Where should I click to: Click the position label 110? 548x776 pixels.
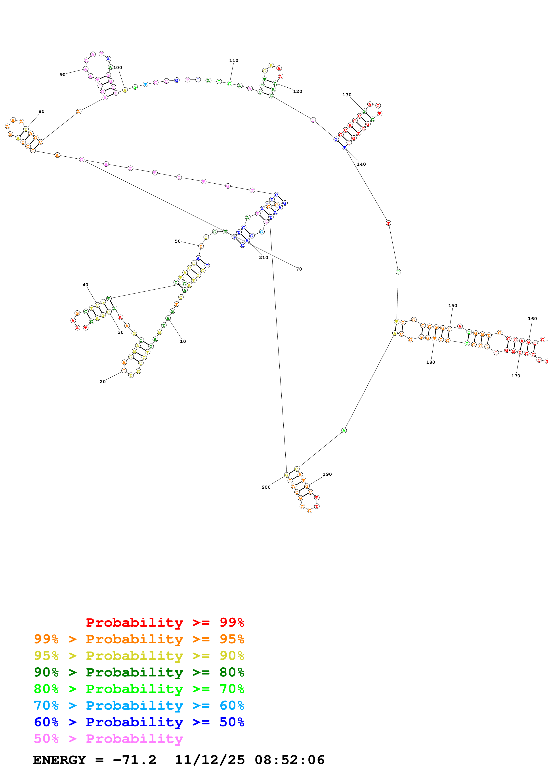pyautogui.click(x=234, y=60)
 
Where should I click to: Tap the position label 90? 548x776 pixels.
pyautogui.click(x=63, y=75)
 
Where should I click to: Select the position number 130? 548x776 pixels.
pyautogui.click(x=347, y=95)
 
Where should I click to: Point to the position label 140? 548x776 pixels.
pyautogui.click(x=361, y=164)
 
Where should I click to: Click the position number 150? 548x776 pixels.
pyautogui.click(x=453, y=305)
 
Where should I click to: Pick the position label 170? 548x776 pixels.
pyautogui.click(x=516, y=376)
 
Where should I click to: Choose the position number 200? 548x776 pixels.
pyautogui.click(x=266, y=487)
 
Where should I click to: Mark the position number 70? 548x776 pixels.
pyautogui.click(x=299, y=269)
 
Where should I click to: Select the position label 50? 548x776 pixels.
pyautogui.click(x=178, y=241)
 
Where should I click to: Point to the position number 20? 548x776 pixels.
pyautogui.click(x=103, y=382)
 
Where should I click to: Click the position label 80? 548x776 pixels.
pyautogui.click(x=42, y=111)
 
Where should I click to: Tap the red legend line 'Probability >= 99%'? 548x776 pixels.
pyautogui.click(x=165, y=622)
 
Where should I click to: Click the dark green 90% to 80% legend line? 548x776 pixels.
pyautogui.click(x=139, y=672)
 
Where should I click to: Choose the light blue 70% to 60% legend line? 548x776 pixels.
pyautogui.click(x=139, y=705)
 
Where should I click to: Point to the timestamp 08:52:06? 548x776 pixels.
pyautogui.click(x=290, y=760)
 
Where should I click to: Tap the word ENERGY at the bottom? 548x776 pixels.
pyautogui.click(x=59, y=760)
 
